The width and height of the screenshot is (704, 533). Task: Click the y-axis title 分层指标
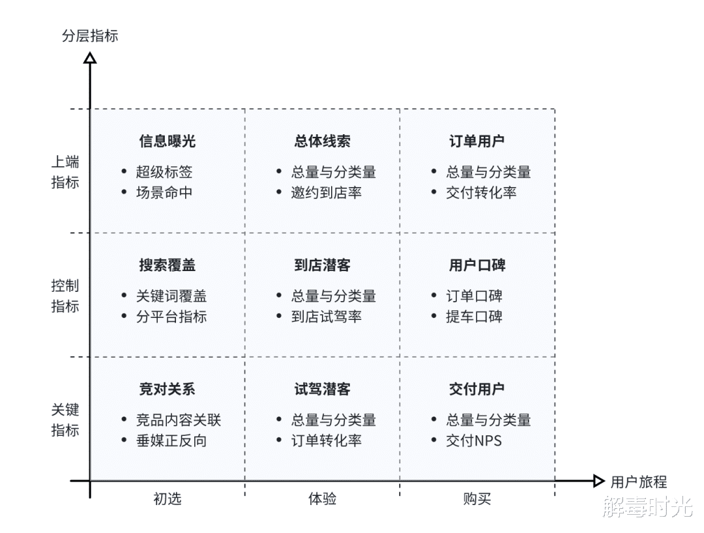point(90,36)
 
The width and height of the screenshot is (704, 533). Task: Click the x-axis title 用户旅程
point(638,482)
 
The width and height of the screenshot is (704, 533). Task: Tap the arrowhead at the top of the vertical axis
point(90,59)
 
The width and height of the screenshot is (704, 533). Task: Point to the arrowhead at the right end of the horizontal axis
point(599,482)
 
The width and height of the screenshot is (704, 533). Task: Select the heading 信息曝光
point(167,141)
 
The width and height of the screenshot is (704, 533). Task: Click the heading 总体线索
point(322,141)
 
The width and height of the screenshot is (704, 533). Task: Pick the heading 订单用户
point(477,141)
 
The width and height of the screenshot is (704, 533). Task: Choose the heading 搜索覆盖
point(167,265)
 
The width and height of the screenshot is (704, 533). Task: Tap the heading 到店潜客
point(322,265)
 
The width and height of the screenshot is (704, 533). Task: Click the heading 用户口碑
point(477,265)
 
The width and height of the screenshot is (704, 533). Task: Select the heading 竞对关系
point(167,390)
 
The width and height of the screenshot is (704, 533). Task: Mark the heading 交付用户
point(477,390)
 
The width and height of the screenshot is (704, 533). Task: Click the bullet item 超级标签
point(164,172)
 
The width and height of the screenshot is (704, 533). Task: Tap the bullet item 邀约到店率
point(327,192)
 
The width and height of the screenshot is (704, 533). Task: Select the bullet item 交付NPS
point(474,440)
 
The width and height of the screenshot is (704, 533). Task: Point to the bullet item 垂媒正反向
point(171,440)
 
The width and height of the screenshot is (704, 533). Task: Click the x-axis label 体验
point(322,499)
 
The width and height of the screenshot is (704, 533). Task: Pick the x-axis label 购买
point(477,499)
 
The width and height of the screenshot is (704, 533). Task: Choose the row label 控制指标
point(65,296)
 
